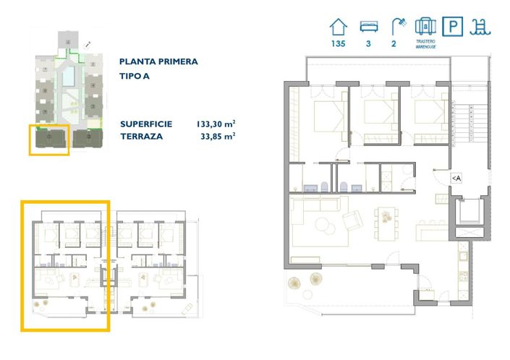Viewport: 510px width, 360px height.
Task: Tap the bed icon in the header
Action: [x=369, y=27]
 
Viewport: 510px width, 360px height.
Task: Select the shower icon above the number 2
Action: [x=398, y=27]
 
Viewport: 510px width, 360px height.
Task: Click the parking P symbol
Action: [x=452, y=27]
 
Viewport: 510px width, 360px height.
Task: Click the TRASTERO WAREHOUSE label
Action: [x=425, y=43]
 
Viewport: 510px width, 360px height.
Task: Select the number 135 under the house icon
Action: [x=338, y=43]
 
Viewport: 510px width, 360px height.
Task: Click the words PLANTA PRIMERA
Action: [x=158, y=62]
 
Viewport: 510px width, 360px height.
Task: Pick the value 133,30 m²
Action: [x=216, y=124]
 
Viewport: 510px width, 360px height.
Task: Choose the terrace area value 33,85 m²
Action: [x=216, y=135]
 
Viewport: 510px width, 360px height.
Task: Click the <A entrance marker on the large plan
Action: [x=456, y=178]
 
